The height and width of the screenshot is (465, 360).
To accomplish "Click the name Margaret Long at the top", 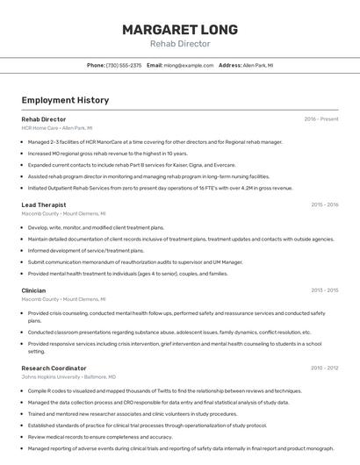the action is coord(180,30).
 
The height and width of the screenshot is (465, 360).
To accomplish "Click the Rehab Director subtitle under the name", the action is coord(180,44).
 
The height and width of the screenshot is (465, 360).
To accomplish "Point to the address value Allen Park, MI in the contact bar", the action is coord(258,65).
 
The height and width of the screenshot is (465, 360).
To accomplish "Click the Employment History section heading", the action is coord(65,100).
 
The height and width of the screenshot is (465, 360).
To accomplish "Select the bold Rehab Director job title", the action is coord(44,118).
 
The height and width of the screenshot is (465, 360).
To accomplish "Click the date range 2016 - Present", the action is coord(321,118).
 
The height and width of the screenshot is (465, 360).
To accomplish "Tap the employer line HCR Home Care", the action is coord(57,128).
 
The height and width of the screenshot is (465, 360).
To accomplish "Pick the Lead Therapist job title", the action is coord(44,204).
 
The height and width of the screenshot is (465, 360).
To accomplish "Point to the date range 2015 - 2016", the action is coord(324,204).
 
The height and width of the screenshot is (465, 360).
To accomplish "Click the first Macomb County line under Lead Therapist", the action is coord(64,213).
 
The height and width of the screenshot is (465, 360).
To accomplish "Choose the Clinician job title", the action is coord(33,290).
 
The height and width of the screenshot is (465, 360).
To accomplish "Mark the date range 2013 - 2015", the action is coord(324,290).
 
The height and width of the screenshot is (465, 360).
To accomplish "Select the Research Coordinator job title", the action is coord(54,368).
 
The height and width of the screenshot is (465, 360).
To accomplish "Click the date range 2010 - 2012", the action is coord(324,368).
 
